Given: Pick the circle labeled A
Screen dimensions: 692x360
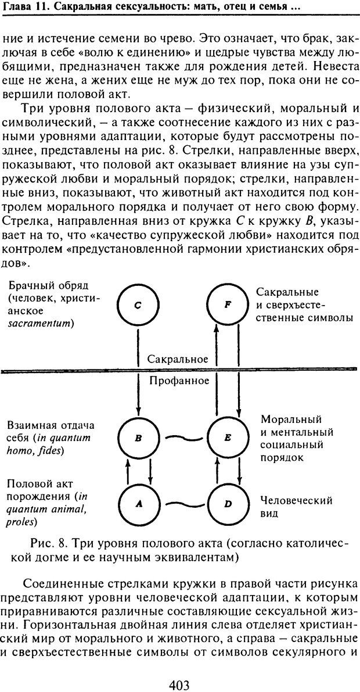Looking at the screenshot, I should (138, 504).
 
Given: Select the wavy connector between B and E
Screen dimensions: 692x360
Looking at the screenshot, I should (182, 438).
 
